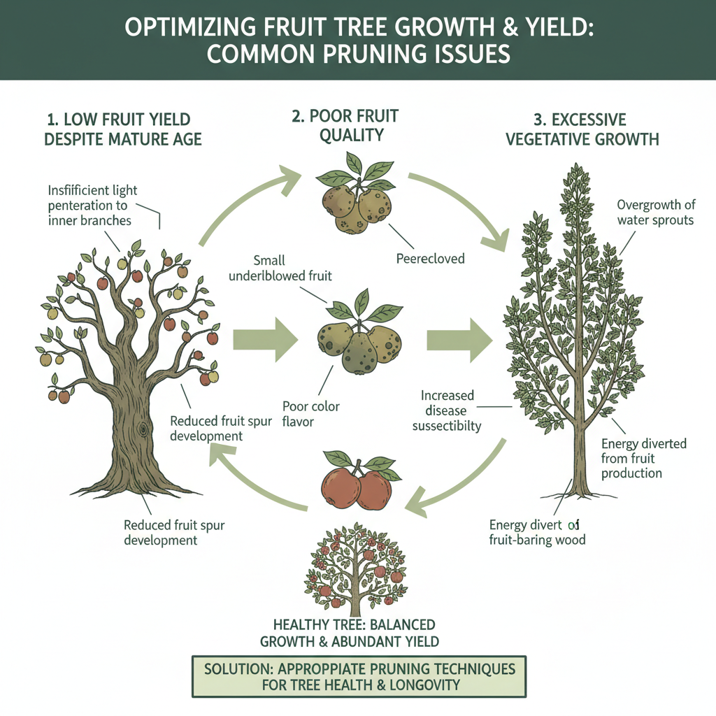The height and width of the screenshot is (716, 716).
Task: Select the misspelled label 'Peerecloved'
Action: pyautogui.click(x=430, y=258)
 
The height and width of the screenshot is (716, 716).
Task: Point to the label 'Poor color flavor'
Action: pyautogui.click(x=312, y=413)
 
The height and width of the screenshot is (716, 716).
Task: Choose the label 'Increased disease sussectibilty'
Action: pyautogui.click(x=447, y=410)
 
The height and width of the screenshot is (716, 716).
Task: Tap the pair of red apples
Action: pyautogui.click(x=356, y=483)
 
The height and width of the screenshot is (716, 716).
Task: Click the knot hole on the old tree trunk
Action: pyautogui.click(x=145, y=427)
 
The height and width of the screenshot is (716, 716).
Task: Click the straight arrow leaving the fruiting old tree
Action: pyautogui.click(x=264, y=341)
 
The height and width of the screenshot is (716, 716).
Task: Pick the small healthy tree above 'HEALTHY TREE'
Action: pyautogui.click(x=355, y=567)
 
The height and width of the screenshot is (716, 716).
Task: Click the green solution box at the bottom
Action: pyautogui.click(x=359, y=676)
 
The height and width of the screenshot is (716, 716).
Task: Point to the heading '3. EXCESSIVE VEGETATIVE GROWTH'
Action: pyautogui.click(x=582, y=129)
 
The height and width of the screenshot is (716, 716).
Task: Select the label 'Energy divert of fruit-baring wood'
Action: pyautogui.click(x=537, y=532)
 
